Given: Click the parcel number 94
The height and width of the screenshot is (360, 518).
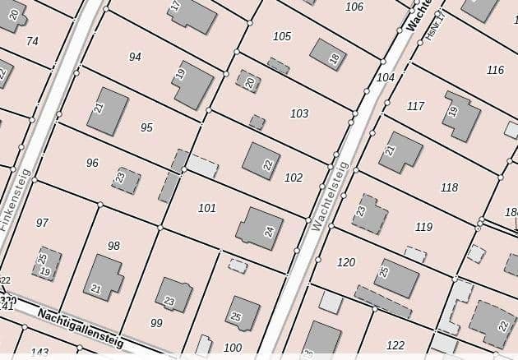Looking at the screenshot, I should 135,57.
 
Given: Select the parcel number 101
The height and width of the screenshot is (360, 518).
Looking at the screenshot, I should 207,208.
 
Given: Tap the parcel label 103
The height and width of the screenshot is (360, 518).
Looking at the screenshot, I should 299,113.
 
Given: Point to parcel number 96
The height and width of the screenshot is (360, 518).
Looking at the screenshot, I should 92,163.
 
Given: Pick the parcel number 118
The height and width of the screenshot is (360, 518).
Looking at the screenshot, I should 449,187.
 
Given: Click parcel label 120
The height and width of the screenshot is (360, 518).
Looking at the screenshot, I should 346,262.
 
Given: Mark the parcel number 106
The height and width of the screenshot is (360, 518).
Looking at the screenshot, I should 354,7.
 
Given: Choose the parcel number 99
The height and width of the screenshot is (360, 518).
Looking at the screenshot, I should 156,323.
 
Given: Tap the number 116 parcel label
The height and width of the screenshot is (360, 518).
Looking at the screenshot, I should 495,70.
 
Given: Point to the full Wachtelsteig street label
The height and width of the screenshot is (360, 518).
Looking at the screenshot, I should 331,195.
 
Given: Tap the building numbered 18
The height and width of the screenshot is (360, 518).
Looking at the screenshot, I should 328,54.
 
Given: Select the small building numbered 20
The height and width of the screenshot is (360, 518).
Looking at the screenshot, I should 248,81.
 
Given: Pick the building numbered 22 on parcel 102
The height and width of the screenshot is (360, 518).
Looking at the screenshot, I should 261,161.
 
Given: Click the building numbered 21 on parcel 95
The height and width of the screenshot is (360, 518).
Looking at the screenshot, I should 107,111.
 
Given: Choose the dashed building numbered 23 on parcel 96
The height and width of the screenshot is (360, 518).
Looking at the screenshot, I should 126,179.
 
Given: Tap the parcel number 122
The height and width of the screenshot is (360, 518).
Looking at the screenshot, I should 395,345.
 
